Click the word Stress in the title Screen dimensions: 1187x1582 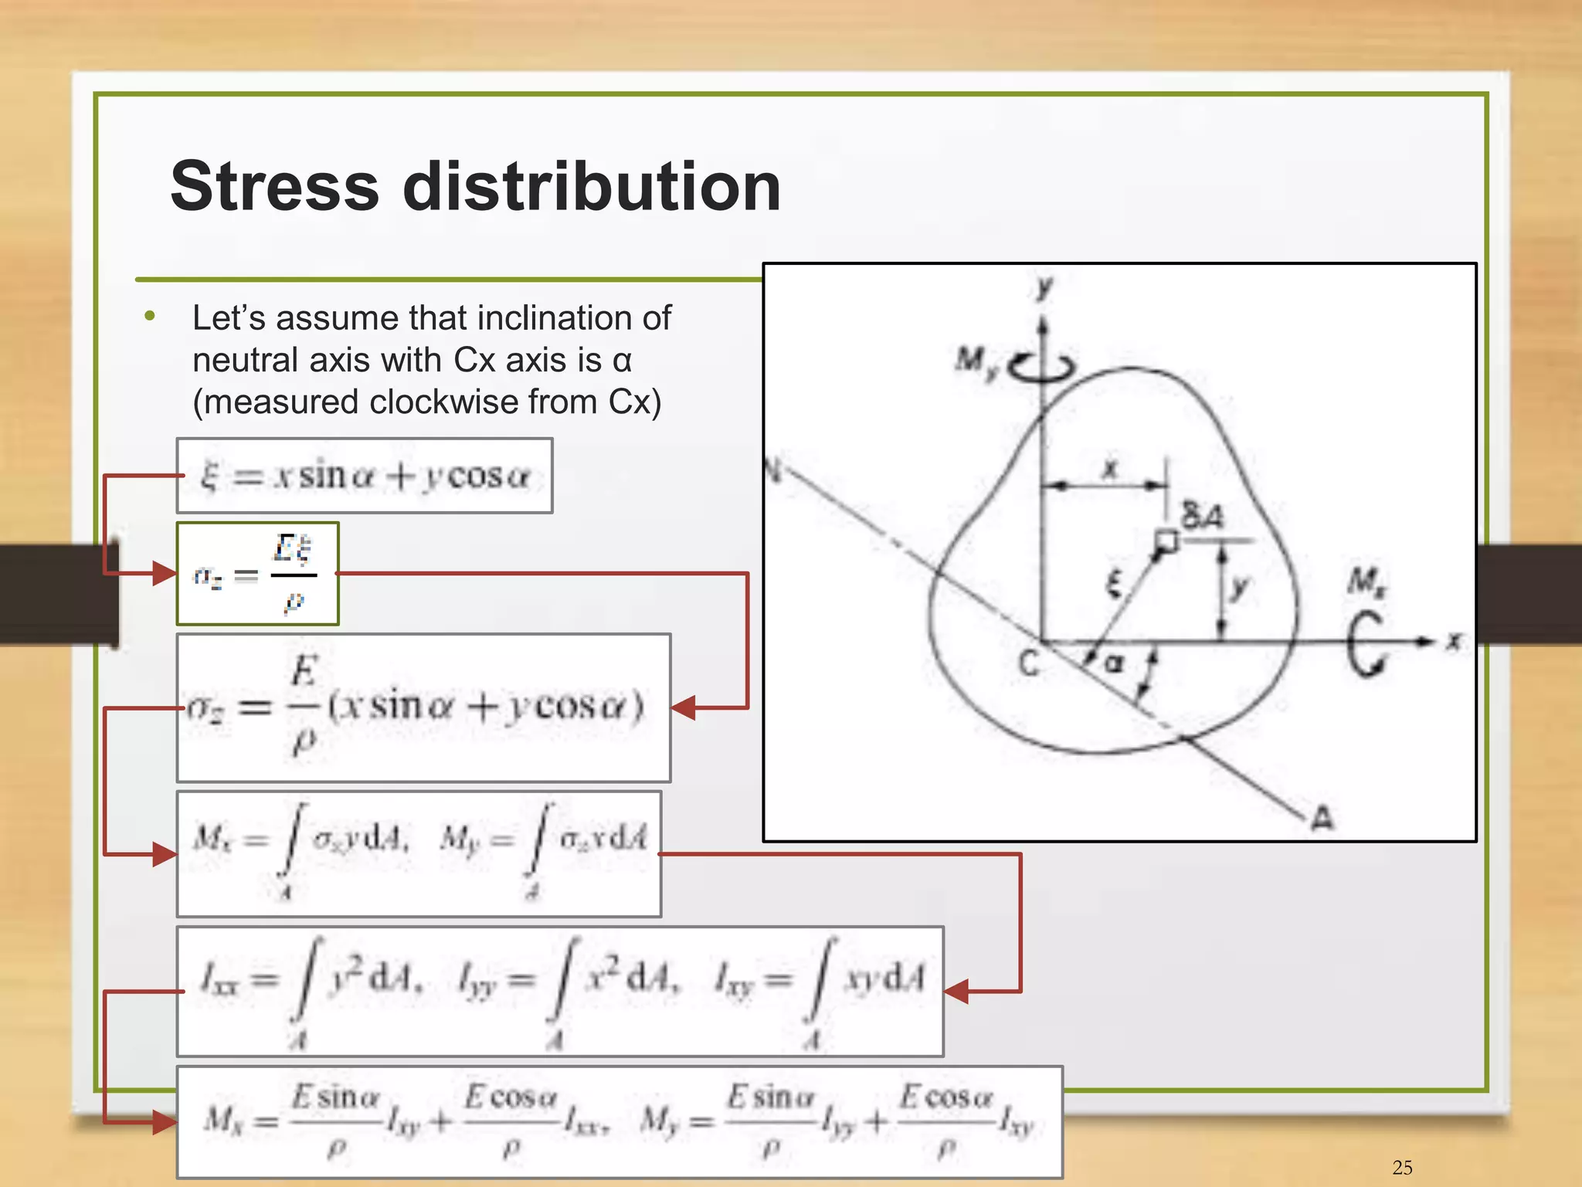[274, 187]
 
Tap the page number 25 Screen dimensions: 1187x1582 [1402, 1167]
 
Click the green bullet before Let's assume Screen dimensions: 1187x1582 [150, 316]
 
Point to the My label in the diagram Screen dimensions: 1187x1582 [976, 361]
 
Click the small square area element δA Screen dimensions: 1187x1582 [1166, 541]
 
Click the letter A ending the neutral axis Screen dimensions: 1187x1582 [1322, 818]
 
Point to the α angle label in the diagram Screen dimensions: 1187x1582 [1113, 663]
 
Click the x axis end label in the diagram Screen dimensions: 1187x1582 [1453, 641]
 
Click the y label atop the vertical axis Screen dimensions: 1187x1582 [1044, 288]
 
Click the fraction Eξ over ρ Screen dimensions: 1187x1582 [294, 574]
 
